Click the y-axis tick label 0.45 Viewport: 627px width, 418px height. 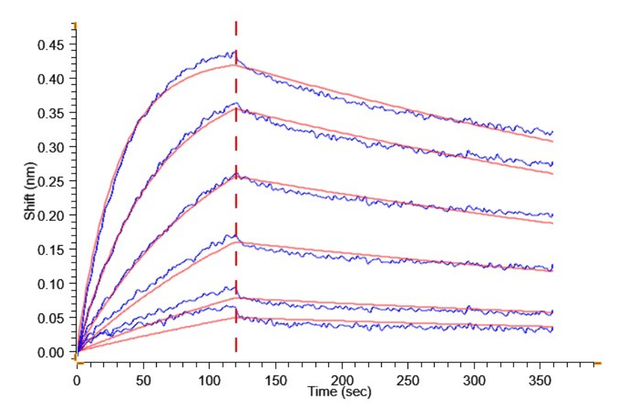[52, 45]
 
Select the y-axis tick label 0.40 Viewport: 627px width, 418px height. [52, 79]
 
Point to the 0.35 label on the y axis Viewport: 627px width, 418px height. [52, 114]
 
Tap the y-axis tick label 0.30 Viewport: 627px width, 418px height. [52, 148]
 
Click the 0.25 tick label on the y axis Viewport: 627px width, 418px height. [52, 182]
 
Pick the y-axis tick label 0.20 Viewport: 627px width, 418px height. [52, 216]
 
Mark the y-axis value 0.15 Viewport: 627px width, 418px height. [52, 250]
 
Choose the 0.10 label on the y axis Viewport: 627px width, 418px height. [52, 284]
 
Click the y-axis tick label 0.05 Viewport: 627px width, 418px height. [52, 318]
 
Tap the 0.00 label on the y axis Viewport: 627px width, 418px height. [52, 353]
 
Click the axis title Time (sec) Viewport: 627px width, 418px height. [340, 393]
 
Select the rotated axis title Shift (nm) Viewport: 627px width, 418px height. [29, 196]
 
